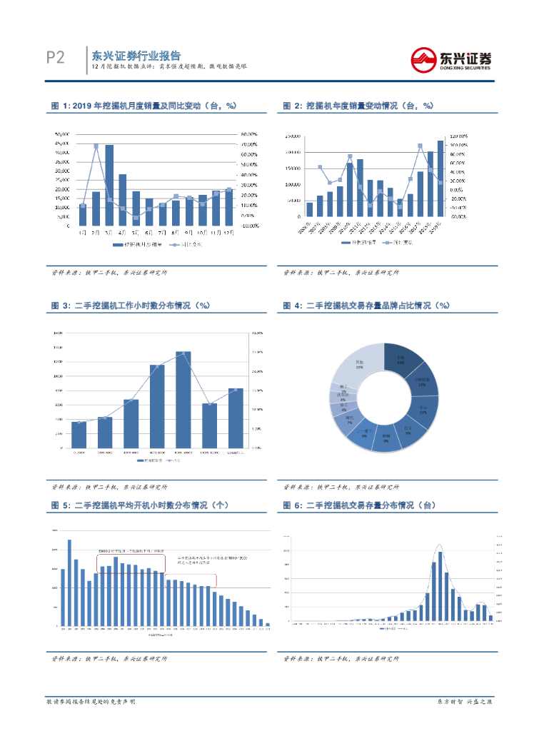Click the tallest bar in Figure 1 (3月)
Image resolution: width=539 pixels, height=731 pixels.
pyautogui.click(x=109, y=186)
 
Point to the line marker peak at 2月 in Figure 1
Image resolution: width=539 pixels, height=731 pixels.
pyautogui.click(x=96, y=146)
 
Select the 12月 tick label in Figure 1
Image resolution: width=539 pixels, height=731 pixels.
pyautogui.click(x=228, y=233)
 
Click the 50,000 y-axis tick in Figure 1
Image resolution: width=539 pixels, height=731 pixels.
pyautogui.click(x=63, y=134)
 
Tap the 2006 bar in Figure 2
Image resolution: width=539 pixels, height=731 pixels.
pyautogui.click(x=309, y=208)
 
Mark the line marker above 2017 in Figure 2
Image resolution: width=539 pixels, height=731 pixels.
pyautogui.click(x=420, y=146)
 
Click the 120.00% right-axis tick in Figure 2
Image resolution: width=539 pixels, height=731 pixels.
pyautogui.click(x=458, y=135)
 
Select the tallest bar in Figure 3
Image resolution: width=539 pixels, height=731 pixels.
pyautogui.click(x=183, y=400)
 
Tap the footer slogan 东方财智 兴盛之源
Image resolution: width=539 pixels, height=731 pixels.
pyautogui.click(x=465, y=702)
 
